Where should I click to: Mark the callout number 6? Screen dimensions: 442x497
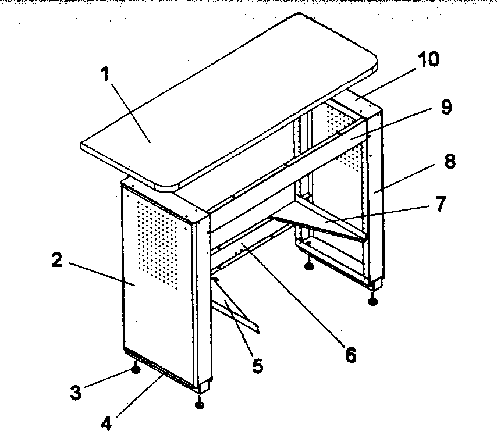point(350,355)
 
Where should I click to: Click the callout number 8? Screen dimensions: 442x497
point(449,161)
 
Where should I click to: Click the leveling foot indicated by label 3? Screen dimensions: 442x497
point(136,368)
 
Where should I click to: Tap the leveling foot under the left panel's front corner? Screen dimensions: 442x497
point(200,402)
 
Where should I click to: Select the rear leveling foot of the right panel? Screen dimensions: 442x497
point(309,266)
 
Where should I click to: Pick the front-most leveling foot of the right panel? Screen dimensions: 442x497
point(373,300)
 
